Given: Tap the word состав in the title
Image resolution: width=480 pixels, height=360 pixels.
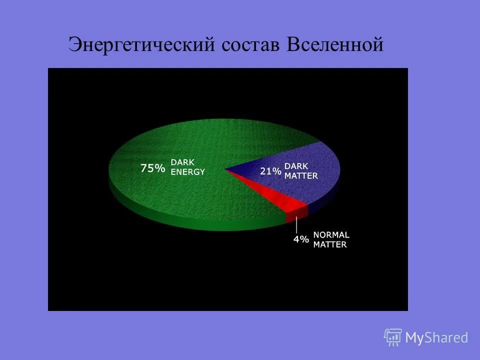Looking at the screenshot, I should (x=248, y=44).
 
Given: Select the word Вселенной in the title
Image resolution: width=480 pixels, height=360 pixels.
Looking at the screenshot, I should (x=335, y=44).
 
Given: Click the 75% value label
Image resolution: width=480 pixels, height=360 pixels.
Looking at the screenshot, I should (x=152, y=168).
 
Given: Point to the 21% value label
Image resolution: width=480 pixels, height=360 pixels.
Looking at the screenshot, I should (x=270, y=171).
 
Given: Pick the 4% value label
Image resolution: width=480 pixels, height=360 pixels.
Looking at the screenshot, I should (x=301, y=239).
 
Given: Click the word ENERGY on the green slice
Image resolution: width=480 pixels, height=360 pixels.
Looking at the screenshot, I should (x=187, y=171).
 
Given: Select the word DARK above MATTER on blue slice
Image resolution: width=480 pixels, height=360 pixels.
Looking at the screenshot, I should (x=296, y=166).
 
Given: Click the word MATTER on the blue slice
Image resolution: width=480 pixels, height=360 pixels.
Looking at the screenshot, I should (x=301, y=175).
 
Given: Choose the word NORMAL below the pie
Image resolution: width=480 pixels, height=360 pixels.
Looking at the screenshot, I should (x=331, y=234).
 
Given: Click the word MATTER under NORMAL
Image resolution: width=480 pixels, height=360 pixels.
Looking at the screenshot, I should (x=329, y=244).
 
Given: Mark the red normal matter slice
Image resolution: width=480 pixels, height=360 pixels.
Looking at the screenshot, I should (x=280, y=197).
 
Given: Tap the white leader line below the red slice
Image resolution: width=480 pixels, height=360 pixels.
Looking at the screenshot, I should (x=296, y=225).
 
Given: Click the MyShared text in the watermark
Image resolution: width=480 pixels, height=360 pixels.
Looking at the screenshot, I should (x=436, y=337).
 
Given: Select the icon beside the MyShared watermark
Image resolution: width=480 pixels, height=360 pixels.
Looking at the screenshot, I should (x=392, y=337).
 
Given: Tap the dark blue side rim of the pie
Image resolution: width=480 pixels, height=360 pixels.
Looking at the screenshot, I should (x=327, y=198).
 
